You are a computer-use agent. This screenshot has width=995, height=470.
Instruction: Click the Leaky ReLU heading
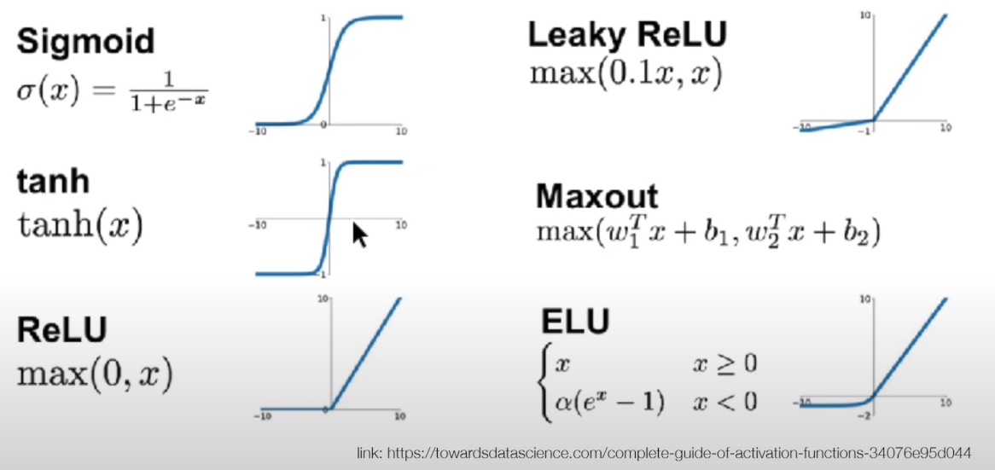[x=627, y=36]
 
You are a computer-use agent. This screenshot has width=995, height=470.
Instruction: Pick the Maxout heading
[x=596, y=197]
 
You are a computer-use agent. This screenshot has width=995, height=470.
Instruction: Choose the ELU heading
[x=575, y=321]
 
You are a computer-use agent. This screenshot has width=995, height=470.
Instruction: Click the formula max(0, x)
[x=94, y=372]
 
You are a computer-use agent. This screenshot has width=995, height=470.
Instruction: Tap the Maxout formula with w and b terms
[x=707, y=232]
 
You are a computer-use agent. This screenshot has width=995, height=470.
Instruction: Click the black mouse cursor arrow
[x=360, y=234]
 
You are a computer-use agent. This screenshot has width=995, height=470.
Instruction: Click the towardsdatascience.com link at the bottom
[x=663, y=453]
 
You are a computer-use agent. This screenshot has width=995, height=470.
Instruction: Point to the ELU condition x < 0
[x=724, y=400]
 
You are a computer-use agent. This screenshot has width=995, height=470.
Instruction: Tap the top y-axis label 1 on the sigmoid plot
[x=323, y=18]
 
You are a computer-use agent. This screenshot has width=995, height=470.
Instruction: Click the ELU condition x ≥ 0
[x=724, y=365]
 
